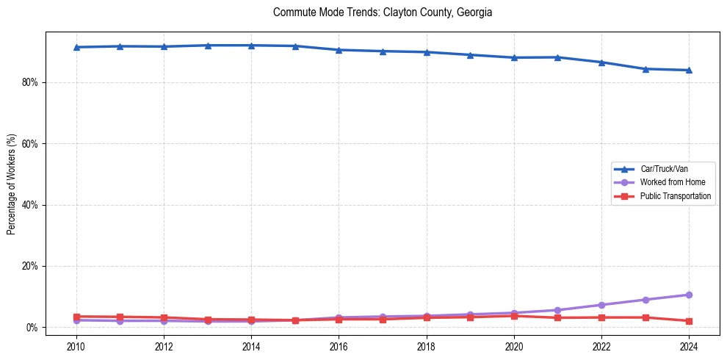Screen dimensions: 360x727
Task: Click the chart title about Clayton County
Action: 382,12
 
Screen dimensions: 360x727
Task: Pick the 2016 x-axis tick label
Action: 339,345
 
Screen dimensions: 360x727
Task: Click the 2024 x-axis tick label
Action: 689,345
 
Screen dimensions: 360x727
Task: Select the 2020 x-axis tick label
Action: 514,345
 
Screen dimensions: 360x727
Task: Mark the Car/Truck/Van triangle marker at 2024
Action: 689,70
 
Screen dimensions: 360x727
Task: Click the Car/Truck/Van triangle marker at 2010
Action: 76,47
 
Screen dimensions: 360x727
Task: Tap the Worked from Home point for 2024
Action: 689,295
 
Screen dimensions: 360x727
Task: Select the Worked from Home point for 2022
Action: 601,305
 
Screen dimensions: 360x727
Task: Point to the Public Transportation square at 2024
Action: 689,321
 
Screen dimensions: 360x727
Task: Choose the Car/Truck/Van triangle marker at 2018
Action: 427,52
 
